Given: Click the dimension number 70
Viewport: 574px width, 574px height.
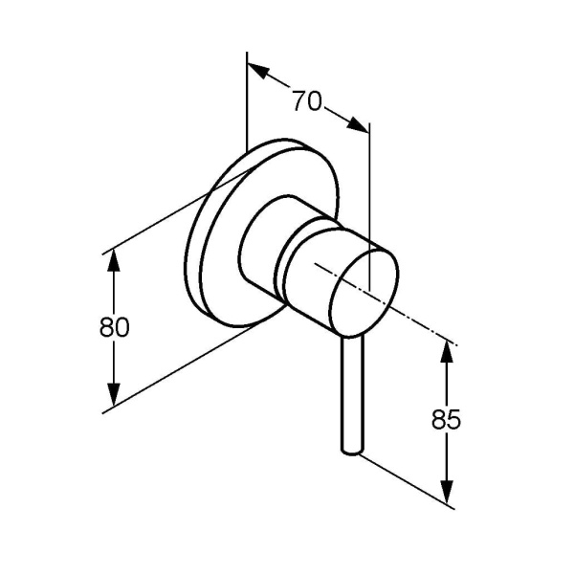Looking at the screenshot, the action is click(x=307, y=100).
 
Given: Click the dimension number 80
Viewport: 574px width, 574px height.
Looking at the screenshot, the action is click(x=114, y=327).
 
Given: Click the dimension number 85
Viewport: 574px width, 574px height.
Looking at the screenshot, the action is click(x=446, y=419).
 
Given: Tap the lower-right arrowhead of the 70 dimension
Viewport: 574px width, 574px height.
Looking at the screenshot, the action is click(x=358, y=123).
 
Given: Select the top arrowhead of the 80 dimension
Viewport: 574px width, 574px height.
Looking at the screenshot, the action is click(x=114, y=260).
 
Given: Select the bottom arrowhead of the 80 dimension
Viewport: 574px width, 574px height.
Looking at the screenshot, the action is click(x=114, y=394).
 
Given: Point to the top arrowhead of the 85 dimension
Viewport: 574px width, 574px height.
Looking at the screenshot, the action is click(x=446, y=351).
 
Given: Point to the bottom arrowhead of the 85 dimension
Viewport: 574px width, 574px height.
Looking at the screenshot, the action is click(x=446, y=492).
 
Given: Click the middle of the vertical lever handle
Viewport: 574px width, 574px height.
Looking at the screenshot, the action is click(x=352, y=394).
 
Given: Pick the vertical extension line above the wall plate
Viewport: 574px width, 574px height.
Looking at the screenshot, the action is click(x=247, y=101).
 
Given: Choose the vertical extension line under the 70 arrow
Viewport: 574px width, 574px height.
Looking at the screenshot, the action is click(x=369, y=207).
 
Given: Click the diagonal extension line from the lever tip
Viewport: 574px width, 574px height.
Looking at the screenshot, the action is click(x=407, y=481).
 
